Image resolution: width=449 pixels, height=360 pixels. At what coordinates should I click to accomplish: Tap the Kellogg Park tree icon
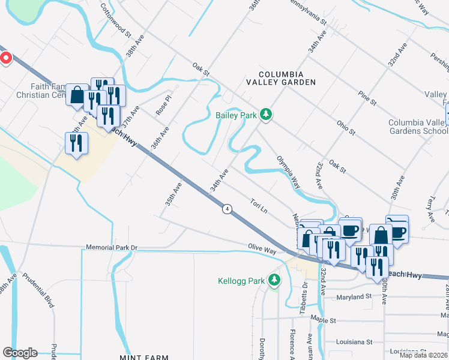point(274,280)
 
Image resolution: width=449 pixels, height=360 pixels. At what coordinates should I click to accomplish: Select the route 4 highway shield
point(227,209)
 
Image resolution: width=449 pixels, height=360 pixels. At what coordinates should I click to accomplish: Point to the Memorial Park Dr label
point(112,247)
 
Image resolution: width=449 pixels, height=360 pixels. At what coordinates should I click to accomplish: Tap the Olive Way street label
point(263,247)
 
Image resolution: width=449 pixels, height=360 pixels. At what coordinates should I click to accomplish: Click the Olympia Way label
point(288,173)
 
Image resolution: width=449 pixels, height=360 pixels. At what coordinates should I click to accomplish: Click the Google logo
point(20,353)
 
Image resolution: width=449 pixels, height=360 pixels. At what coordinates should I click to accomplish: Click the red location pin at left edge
point(5,58)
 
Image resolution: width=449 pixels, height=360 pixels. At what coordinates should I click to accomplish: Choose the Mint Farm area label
point(144,358)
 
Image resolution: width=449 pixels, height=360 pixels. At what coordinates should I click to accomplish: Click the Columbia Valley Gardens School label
point(418,127)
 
